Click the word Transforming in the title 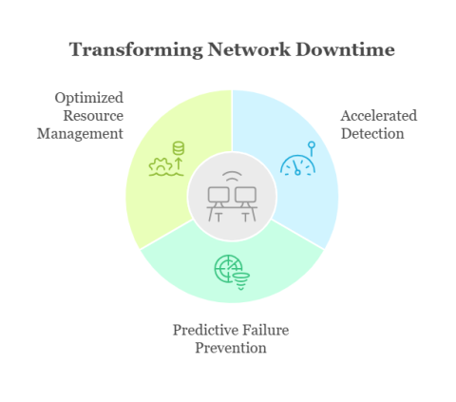136,49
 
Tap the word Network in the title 249,49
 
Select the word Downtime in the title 345,49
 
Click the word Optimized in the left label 89,98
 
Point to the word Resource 93,116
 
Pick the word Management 80,134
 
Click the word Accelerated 379,116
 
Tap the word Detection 372,133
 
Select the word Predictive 202,330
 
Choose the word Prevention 231,348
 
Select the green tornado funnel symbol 241,281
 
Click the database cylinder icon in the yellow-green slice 179,148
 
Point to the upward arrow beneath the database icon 179,163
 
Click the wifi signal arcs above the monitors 232,177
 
